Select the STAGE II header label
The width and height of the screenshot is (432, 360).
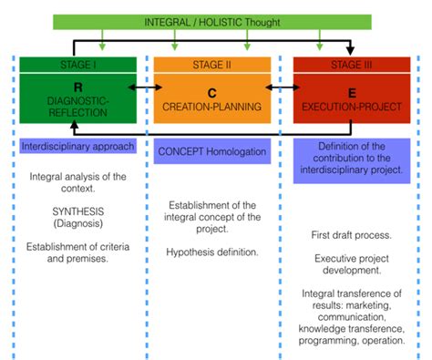211,65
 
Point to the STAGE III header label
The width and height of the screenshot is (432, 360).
350,64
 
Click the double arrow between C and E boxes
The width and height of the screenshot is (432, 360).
282,87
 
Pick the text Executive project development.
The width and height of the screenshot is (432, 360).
351,264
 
